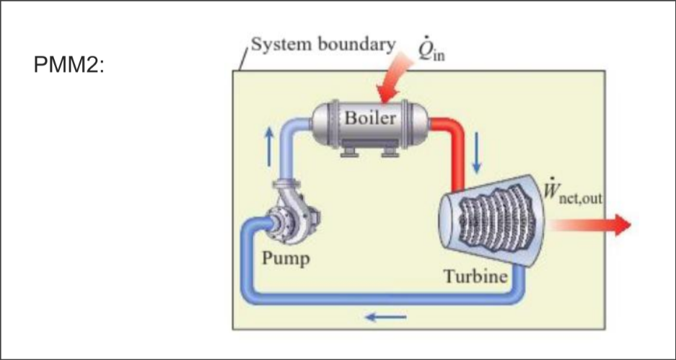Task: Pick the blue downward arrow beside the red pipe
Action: point(475,153)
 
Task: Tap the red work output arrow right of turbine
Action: point(592,225)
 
